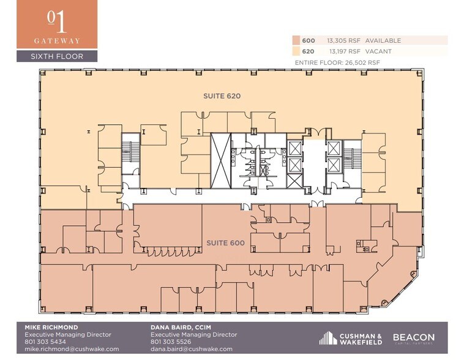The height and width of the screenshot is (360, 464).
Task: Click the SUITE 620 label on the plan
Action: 222,96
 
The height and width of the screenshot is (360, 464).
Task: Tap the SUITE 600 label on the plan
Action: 226,243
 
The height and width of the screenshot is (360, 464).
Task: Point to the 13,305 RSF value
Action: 343,40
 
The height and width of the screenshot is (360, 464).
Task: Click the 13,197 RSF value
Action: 343,51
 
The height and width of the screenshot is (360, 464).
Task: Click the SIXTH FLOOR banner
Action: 57,56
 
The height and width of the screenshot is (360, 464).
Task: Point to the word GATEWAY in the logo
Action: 57,41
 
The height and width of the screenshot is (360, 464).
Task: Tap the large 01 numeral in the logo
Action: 56,20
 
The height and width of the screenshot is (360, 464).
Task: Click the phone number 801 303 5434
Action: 47,342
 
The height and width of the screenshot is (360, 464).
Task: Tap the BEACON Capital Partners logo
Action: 413,339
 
